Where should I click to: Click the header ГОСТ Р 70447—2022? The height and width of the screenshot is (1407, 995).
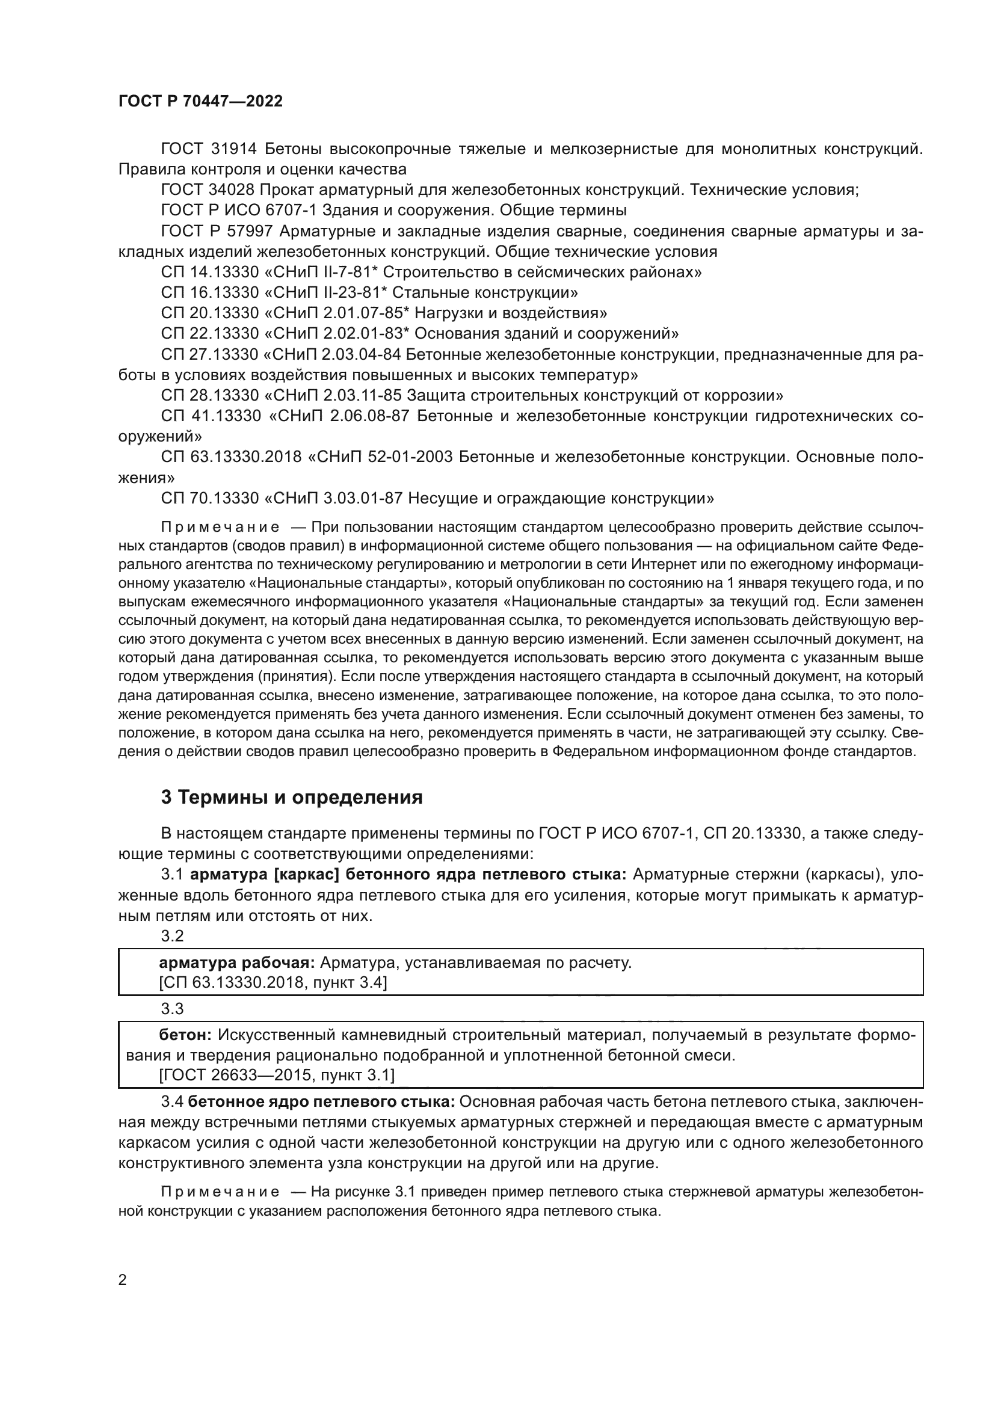point(200,102)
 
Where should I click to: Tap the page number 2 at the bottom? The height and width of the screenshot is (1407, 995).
point(123,1263)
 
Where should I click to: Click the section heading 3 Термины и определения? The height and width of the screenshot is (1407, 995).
point(292,797)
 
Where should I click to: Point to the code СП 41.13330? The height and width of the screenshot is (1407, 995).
point(211,416)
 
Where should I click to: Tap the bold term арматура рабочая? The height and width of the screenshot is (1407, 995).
point(236,962)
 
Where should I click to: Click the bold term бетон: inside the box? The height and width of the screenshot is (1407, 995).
point(185,1035)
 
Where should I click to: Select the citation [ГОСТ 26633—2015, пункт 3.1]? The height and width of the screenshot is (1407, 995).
point(276,1075)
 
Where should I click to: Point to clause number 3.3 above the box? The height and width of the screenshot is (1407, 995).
point(172,1008)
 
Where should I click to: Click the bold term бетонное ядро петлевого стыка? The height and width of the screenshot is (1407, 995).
point(321,1101)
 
